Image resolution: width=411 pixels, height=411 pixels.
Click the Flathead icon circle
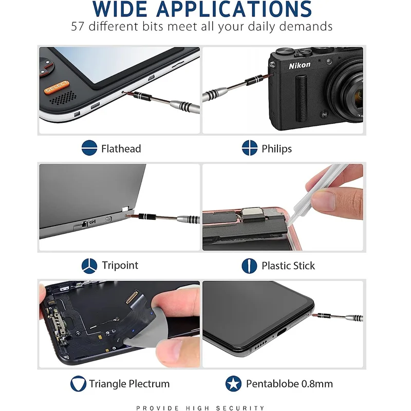pyautogui.click(x=89, y=148)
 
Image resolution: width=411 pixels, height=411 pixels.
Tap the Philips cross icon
pyautogui.click(x=250, y=148)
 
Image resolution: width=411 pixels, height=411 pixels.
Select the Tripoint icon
pyautogui.click(x=89, y=266)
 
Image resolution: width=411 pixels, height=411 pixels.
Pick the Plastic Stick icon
pyautogui.click(x=249, y=266)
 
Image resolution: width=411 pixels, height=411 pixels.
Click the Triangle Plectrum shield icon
pyautogui.click(x=78, y=384)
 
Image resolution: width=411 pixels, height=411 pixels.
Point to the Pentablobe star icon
pyautogui.click(x=234, y=383)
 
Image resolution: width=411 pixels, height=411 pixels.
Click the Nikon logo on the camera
pyautogui.click(x=300, y=65)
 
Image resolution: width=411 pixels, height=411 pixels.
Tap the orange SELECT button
pyautogui.click(x=57, y=87)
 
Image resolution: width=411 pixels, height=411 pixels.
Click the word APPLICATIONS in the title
pyautogui.click(x=234, y=9)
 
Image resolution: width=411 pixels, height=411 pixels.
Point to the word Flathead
pyautogui.click(x=121, y=148)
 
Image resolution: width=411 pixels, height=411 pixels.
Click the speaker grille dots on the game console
pyautogui.click(x=63, y=98)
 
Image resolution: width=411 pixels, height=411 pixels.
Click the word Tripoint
pyautogui.click(x=120, y=265)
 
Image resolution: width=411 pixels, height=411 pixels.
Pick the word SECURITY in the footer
pyautogui.click(x=240, y=408)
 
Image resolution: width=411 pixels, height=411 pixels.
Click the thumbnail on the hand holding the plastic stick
pyautogui.click(x=323, y=200)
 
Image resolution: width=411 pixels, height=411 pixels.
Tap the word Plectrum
pyautogui.click(x=149, y=384)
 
